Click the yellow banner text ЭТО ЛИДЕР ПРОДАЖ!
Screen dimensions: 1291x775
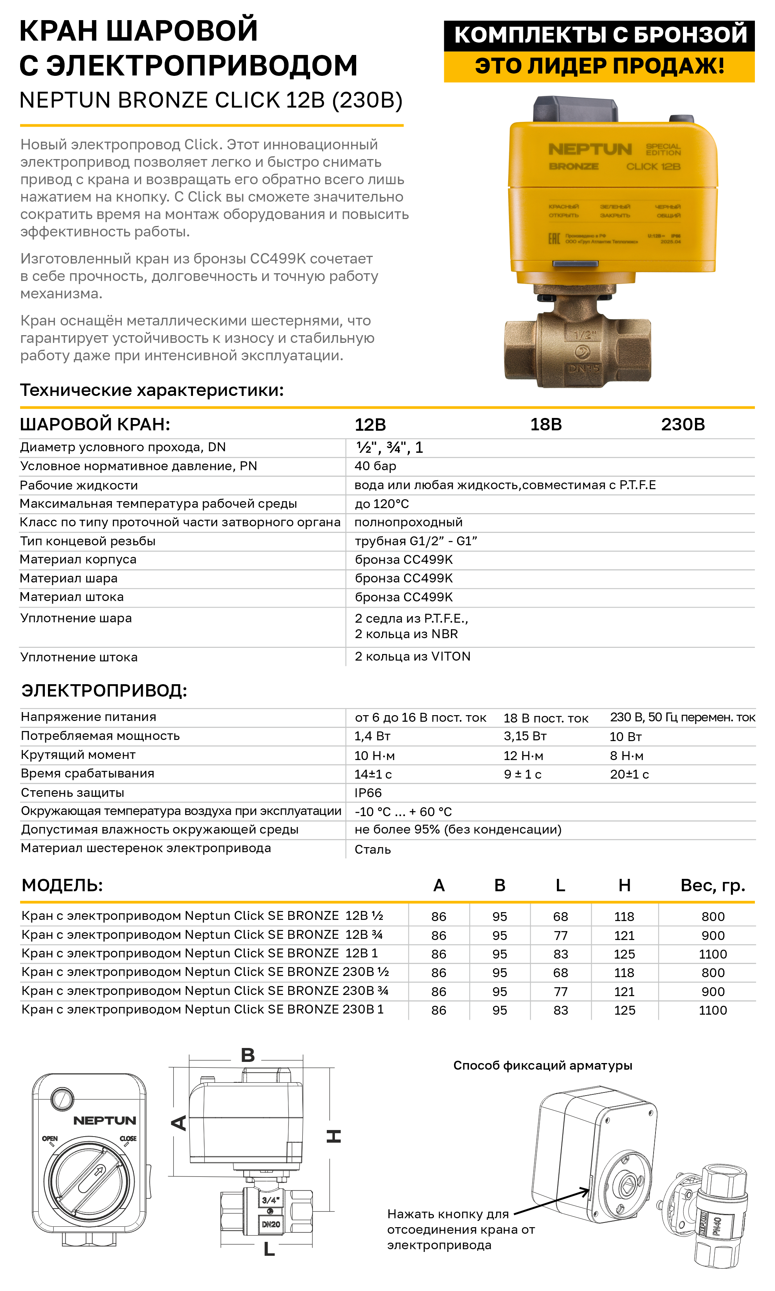[599, 66]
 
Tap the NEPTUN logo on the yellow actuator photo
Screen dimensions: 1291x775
[590, 149]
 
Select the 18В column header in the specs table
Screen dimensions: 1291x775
[546, 424]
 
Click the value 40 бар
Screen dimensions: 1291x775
[375, 466]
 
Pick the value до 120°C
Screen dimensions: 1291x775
[382, 503]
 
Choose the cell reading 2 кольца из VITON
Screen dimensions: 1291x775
[413, 656]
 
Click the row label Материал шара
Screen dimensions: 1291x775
[68, 579]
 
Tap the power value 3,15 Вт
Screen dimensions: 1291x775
[525, 736]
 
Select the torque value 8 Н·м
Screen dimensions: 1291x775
[626, 755]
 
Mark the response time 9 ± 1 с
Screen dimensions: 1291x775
[522, 774]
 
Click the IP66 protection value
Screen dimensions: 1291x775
[368, 793]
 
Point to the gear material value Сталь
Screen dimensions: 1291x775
[372, 849]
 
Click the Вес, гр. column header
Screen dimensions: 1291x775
[712, 885]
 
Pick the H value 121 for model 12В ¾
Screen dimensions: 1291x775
[624, 935]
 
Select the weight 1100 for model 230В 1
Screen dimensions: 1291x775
[712, 1010]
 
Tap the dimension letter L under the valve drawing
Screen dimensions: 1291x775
[269, 1249]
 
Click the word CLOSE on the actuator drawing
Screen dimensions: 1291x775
[128, 1139]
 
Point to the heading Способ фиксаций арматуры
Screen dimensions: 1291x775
[542, 1065]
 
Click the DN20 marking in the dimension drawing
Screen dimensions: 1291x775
[271, 1224]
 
